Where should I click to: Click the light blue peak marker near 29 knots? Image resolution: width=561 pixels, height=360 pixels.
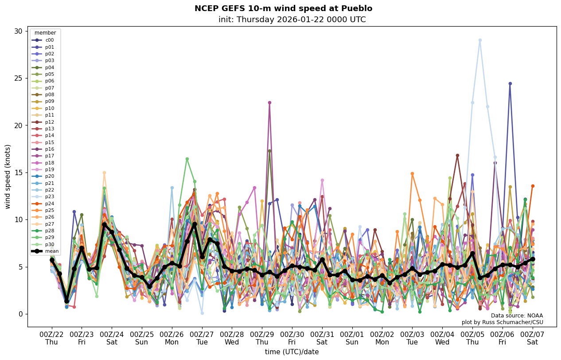[x=480, y=40]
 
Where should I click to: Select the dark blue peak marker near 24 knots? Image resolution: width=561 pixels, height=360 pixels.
[x=510, y=83]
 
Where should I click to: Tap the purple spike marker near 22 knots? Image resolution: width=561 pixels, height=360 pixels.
[x=269, y=102]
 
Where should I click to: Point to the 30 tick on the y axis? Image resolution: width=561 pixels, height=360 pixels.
[x=19, y=31]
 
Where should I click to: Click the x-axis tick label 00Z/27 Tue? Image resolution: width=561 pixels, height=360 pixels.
[x=202, y=338]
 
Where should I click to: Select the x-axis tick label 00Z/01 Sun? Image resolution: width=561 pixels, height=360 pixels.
[x=352, y=338]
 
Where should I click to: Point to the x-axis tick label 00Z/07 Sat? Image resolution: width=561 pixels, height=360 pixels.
[x=533, y=338]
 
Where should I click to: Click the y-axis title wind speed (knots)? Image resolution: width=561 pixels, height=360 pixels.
[x=8, y=176]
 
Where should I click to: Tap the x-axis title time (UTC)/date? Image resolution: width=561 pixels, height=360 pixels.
[x=292, y=352]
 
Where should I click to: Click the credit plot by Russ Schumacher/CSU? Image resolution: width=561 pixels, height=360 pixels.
[x=502, y=322]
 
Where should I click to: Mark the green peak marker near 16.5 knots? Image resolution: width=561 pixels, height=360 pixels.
[x=187, y=159]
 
